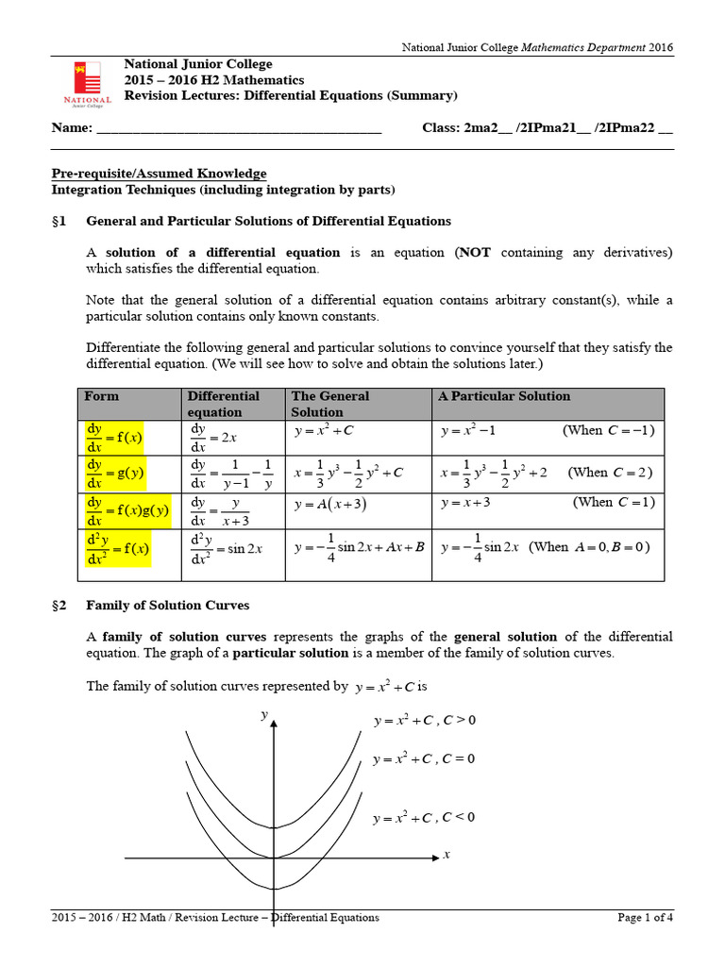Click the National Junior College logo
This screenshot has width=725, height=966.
coord(87,83)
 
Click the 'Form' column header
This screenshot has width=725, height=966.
coord(102,396)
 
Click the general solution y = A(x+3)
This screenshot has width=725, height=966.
coord(330,505)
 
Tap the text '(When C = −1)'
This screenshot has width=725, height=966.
coord(608,431)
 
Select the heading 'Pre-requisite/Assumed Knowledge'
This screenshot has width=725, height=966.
coord(158,174)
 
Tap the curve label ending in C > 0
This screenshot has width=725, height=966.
coord(424,721)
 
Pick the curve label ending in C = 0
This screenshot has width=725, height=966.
coord(424,759)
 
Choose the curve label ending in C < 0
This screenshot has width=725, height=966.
coord(424,818)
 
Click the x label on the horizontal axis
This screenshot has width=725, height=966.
coord(447,855)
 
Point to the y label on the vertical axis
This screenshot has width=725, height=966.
coord(264,716)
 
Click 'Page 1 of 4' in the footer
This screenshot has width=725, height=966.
coord(646,917)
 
